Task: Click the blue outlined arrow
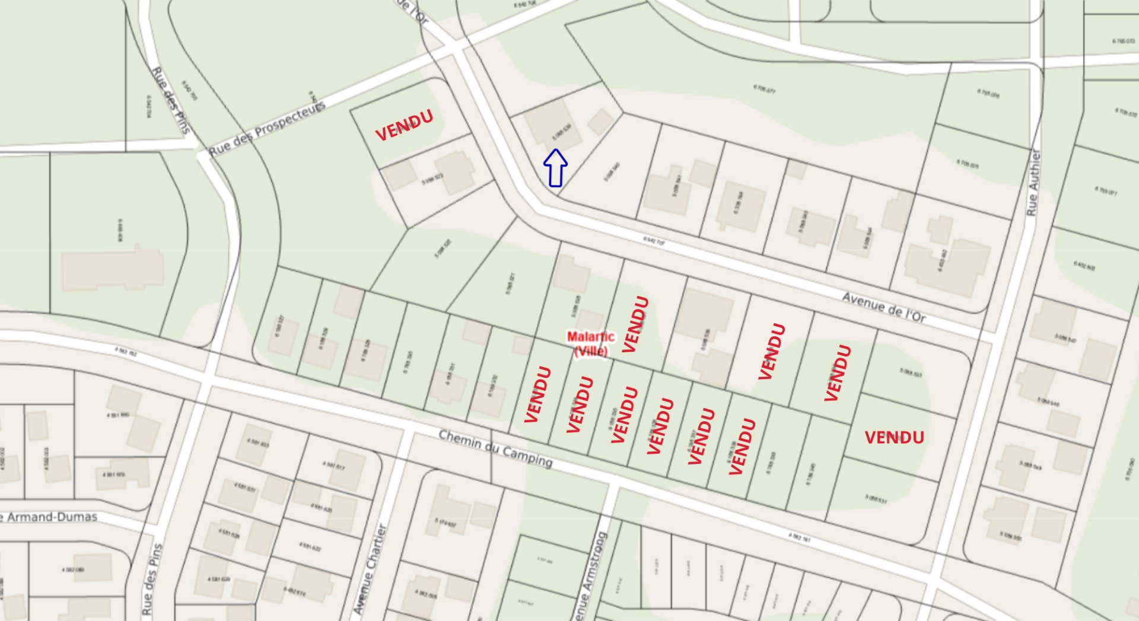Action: point(555,168)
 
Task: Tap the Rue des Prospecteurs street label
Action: point(267,129)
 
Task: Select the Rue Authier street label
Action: point(1033,183)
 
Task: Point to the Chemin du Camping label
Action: point(495,448)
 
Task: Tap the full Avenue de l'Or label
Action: point(884,307)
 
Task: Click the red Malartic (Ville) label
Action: point(590,344)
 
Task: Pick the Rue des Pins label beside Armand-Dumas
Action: point(152,579)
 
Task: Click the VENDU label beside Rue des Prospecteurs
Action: point(404,125)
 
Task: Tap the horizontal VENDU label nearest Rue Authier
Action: point(894,438)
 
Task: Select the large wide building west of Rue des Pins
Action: point(113,269)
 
